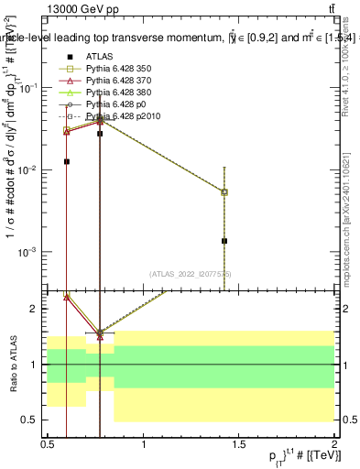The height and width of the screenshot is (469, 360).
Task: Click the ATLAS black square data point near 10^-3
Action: click(x=224, y=241)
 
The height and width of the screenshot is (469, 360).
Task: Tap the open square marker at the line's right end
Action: click(x=224, y=191)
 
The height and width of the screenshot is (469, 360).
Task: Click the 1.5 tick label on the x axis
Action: click(x=239, y=444)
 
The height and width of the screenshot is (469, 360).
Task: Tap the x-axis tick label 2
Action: click(x=334, y=444)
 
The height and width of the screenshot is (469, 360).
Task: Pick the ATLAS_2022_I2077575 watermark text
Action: click(x=191, y=274)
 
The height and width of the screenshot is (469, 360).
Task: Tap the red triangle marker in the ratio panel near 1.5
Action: click(x=100, y=335)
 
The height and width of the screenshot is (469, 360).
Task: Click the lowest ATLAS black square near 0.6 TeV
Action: click(x=66, y=161)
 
